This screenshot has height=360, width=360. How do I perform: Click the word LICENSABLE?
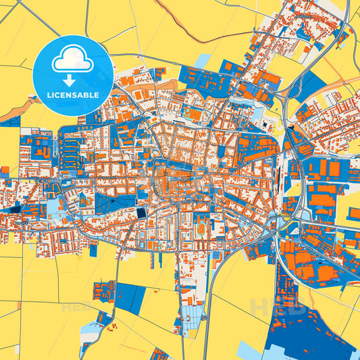click(73, 95)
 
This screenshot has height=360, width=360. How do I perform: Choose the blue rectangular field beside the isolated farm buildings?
click(128, 297)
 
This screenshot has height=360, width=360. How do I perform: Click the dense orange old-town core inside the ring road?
click(172, 182)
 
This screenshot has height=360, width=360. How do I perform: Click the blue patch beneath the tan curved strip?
click(11, 121)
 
